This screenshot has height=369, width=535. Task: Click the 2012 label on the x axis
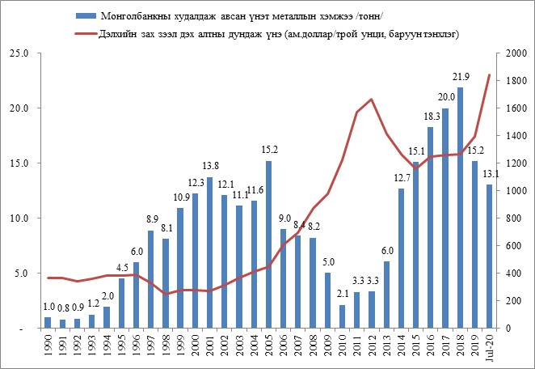(x=371, y=349)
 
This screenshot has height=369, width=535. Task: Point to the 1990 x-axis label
(x=48, y=349)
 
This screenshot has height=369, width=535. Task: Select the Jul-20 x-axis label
(x=488, y=350)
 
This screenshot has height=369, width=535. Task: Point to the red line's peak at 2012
(x=371, y=100)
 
